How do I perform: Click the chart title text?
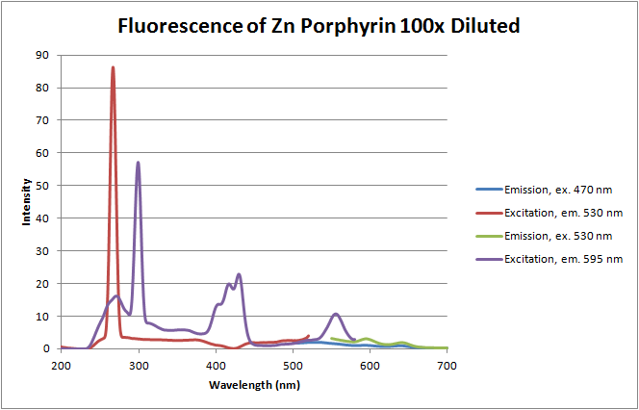click(319, 26)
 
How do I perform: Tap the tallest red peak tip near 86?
click(113, 68)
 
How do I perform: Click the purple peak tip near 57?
click(138, 163)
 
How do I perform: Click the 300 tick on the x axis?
click(139, 367)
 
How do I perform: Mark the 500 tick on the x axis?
click(293, 367)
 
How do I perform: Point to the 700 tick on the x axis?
click(447, 367)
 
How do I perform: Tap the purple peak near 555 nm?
click(335, 314)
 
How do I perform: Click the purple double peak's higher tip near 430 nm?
click(239, 275)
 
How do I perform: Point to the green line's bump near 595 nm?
click(366, 339)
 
